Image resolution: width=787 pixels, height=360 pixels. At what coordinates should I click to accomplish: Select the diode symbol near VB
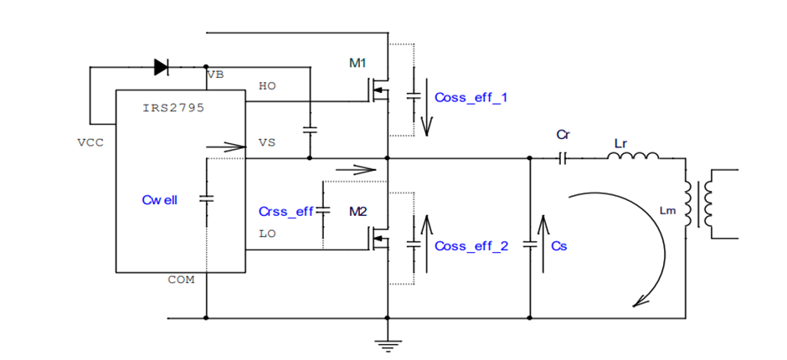[161, 64]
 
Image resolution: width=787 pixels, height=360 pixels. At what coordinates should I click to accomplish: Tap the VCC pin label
[90, 142]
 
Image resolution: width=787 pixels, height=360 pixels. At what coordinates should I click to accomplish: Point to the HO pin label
[267, 86]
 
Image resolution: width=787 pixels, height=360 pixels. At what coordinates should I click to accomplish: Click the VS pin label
[267, 142]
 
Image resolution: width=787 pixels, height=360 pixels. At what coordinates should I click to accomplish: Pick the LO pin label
[267, 234]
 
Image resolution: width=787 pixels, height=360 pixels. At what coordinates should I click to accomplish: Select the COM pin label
[181, 280]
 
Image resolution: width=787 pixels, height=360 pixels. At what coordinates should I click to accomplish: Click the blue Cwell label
[160, 200]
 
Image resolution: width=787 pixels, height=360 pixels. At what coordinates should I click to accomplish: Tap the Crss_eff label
[286, 211]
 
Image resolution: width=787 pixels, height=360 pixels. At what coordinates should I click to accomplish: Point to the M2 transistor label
[358, 211]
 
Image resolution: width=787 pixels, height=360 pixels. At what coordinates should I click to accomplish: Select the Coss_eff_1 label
[471, 97]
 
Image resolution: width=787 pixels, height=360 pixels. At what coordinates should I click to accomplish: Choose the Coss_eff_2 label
[471, 246]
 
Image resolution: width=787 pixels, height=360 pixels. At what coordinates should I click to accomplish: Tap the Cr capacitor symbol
[563, 157]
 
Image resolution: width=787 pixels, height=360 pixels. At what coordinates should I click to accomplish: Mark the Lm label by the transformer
[667, 211]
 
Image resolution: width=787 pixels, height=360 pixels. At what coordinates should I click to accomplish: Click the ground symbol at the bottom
[387, 341]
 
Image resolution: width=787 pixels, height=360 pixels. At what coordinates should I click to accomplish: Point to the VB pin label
[215, 75]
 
